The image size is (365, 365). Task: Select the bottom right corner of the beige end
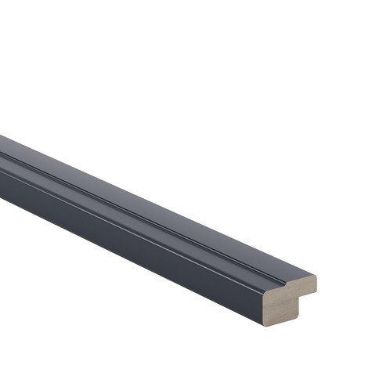tap(298, 316)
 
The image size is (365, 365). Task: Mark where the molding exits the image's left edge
tap(2, 168)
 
